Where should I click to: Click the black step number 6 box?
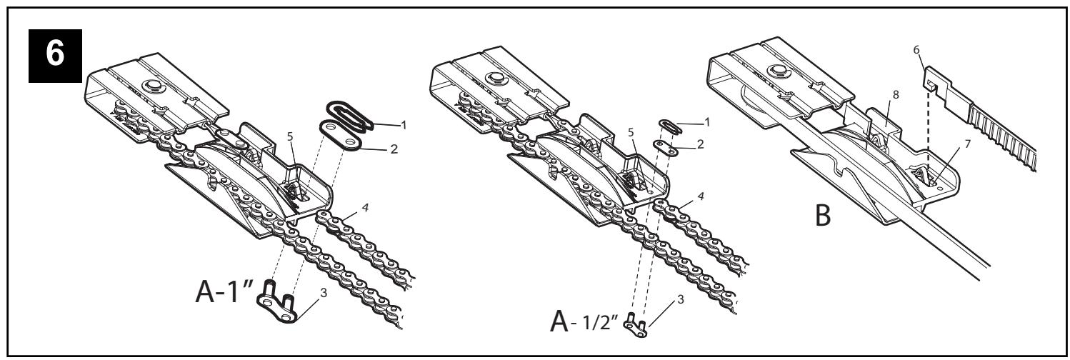click(55, 56)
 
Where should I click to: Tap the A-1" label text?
click(224, 291)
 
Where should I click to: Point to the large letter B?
click(823, 215)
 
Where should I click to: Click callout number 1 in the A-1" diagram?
click(404, 126)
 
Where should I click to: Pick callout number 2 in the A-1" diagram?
click(394, 149)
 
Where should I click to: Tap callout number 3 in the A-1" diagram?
click(324, 293)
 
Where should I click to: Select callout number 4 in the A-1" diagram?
click(365, 208)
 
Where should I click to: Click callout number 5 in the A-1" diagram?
click(290, 136)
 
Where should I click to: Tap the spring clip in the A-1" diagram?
click(350, 115)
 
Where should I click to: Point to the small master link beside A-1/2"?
click(636, 326)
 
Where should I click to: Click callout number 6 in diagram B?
click(916, 50)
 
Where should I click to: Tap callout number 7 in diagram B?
click(968, 144)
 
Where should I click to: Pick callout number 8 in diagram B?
click(896, 94)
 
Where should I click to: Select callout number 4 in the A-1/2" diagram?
click(701, 196)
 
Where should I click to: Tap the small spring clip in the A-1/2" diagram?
click(671, 126)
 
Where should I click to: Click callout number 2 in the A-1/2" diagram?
click(700, 144)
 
